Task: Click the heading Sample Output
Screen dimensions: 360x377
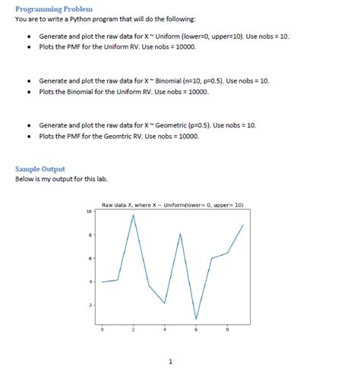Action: pos(40,168)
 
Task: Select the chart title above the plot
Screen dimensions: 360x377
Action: pos(172,205)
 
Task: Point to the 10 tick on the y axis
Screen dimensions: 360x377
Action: pos(89,212)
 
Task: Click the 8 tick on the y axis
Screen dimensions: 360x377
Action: pos(90,235)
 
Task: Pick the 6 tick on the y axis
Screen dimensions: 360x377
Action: pos(90,259)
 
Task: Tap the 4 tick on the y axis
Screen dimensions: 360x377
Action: pos(90,282)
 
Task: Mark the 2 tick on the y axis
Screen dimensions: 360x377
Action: pos(90,305)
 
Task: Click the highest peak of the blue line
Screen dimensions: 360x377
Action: pos(134,215)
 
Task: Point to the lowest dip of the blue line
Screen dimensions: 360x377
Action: pos(196,319)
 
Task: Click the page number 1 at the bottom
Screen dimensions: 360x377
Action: pos(171,361)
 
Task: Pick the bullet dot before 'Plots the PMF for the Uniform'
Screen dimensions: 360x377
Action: pos(28,47)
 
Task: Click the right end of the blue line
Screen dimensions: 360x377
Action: pos(243,225)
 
